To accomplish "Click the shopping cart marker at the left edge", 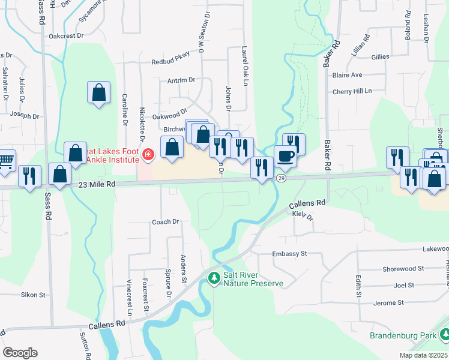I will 5,160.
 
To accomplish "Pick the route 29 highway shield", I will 281,179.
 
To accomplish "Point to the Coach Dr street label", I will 166,221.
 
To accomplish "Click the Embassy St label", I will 289,254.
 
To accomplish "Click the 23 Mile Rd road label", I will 97,186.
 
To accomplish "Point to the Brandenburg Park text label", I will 402,335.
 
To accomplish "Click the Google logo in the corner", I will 20,353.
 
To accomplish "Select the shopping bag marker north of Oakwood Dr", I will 98,92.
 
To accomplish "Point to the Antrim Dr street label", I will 182,80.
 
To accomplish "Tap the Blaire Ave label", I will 348,75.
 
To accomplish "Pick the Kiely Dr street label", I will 304,215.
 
